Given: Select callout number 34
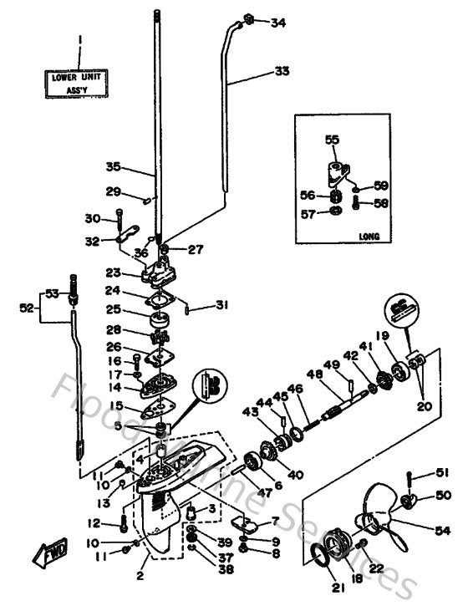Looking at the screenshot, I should [277, 23].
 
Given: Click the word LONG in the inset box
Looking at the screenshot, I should [367, 237].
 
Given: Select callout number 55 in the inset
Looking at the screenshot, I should [332, 141].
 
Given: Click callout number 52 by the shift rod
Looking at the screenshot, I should [27, 308].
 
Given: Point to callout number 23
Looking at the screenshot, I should [113, 272].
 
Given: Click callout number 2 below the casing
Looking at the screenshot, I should [140, 577].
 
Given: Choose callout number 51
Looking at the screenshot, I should [441, 474].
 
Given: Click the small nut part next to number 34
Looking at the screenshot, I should [248, 19].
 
